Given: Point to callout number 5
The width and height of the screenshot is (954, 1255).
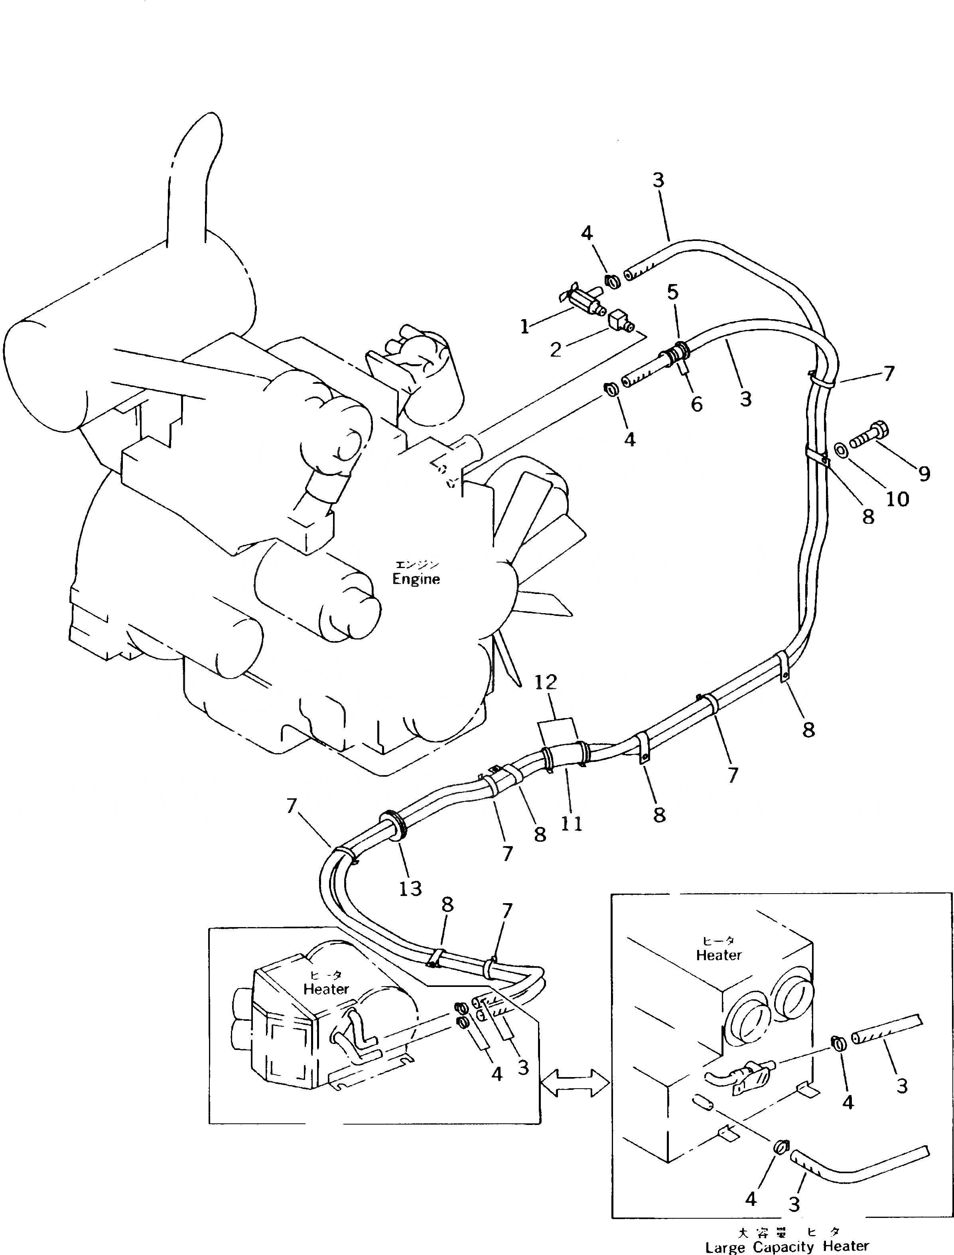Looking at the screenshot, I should click(x=673, y=292).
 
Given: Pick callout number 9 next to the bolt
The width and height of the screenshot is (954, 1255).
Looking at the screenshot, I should click(x=924, y=473).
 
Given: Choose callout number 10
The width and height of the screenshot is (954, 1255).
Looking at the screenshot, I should click(x=898, y=499).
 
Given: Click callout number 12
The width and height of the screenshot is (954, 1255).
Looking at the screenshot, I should click(x=546, y=682).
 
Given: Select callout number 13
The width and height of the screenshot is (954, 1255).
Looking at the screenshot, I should click(x=410, y=889).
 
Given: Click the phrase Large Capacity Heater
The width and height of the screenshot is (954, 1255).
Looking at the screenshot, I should click(x=787, y=1247).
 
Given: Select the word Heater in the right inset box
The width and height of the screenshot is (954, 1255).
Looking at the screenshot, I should click(x=719, y=955).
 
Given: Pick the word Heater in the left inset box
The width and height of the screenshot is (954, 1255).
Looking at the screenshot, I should click(x=326, y=989).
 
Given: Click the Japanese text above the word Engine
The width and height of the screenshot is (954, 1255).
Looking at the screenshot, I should click(x=417, y=564).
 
